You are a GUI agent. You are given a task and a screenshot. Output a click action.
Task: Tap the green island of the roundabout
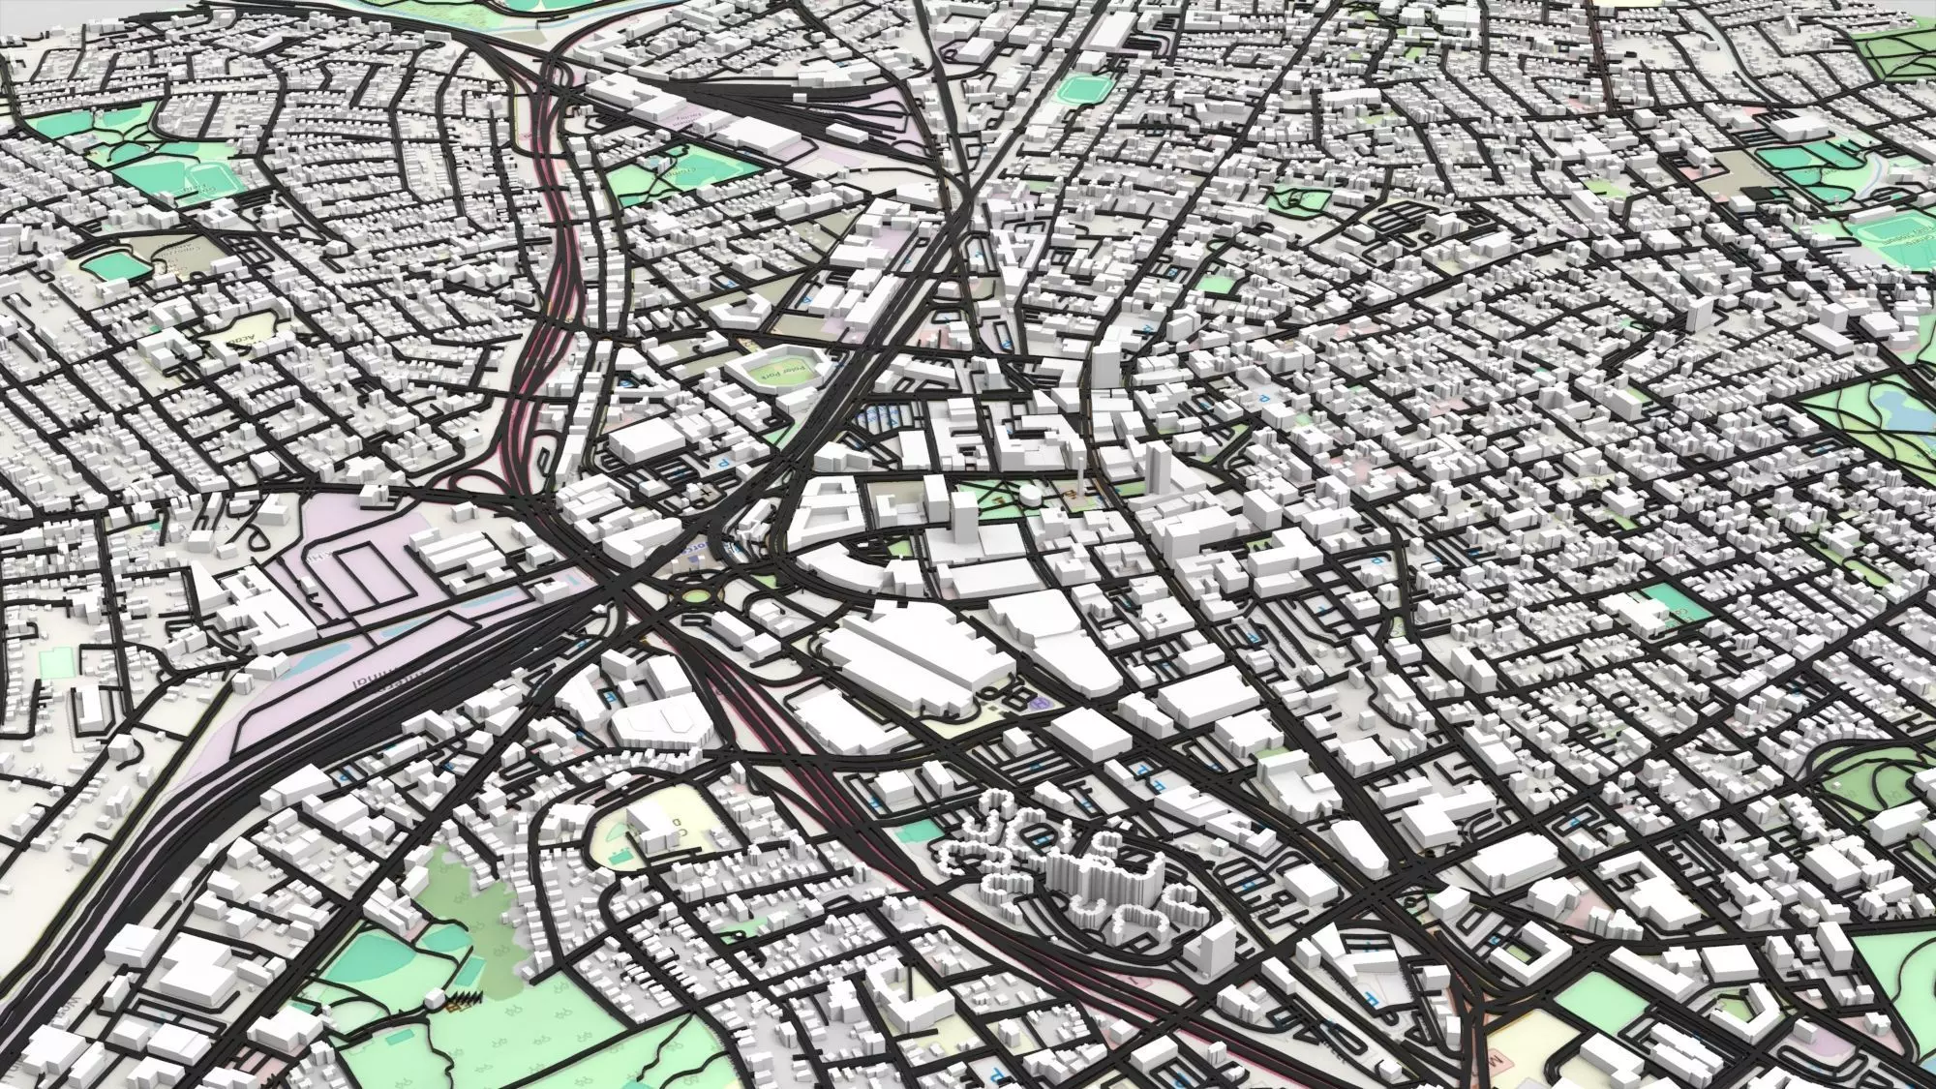tap(693, 594)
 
